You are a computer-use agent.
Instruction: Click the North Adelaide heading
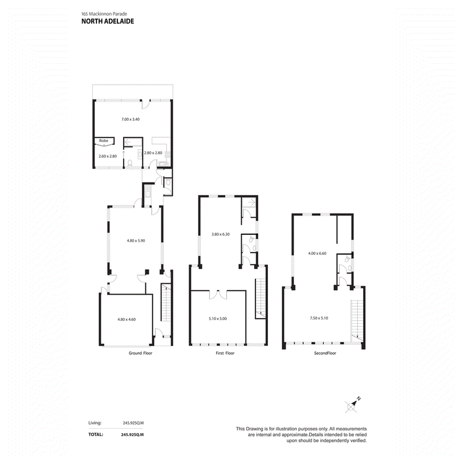(108, 21)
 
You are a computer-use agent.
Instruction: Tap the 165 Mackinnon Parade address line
(104, 14)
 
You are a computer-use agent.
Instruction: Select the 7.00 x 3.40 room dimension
(131, 119)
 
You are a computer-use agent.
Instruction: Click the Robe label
(104, 141)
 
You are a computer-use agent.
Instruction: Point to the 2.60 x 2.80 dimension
(108, 156)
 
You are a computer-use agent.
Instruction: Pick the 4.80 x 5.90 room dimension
(136, 241)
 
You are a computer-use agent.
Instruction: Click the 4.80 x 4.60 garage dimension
(127, 319)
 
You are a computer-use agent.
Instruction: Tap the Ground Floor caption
(140, 353)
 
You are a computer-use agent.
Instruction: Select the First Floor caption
(225, 353)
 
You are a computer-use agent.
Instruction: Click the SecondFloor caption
(325, 353)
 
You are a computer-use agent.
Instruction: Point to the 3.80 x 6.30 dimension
(221, 234)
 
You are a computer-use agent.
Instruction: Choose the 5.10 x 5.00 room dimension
(218, 319)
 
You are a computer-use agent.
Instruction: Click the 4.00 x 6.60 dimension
(317, 253)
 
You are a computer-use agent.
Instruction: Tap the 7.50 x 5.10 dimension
(319, 318)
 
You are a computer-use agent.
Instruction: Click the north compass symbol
(352, 405)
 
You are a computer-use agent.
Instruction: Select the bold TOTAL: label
(96, 434)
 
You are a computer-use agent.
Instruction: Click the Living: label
(95, 423)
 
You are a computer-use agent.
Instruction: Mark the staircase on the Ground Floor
(166, 303)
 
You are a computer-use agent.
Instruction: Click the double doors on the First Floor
(218, 294)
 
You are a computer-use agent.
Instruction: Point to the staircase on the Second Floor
(357, 321)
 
